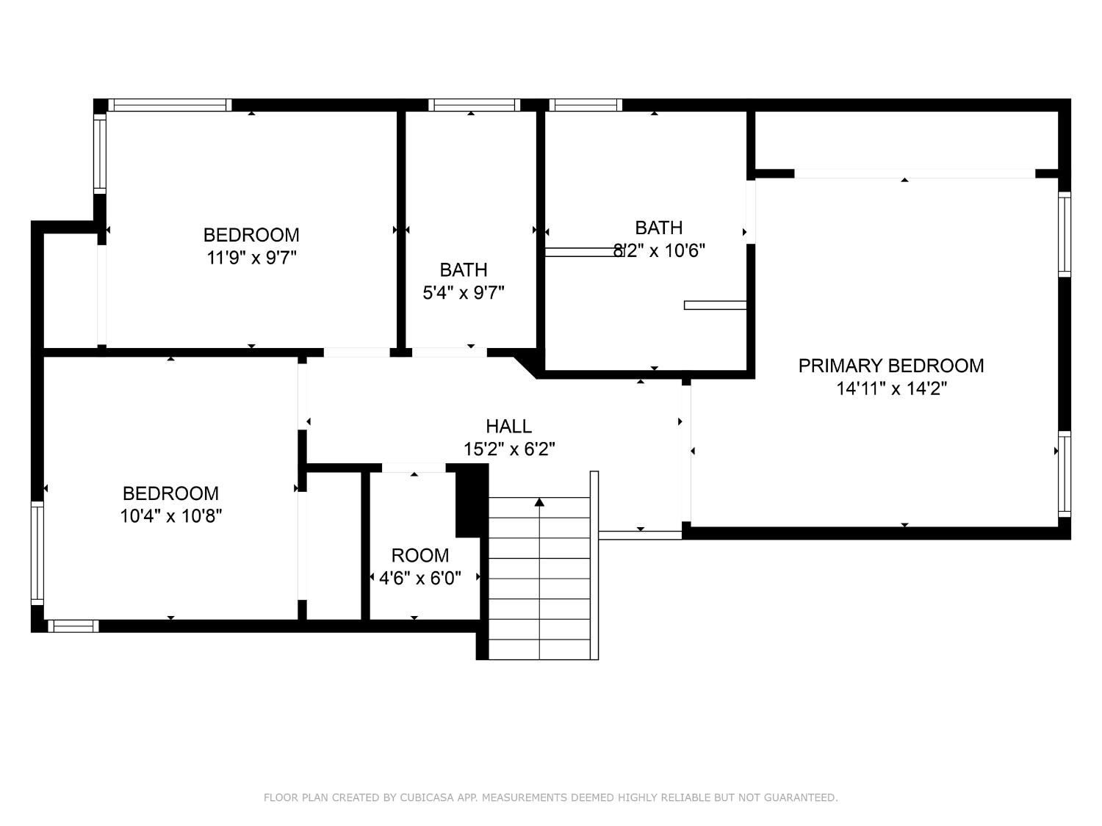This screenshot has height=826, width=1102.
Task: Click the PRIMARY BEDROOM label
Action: click(x=890, y=366)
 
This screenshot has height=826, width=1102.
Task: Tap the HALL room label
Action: click(x=508, y=427)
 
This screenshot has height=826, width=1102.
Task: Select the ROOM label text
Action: click(x=419, y=555)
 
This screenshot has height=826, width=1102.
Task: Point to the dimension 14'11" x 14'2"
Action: click(x=891, y=388)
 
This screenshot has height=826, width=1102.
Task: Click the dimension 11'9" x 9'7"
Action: click(x=251, y=257)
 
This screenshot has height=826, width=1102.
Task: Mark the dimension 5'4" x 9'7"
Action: click(x=463, y=292)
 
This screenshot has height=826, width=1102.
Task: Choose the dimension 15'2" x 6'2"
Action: click(x=509, y=449)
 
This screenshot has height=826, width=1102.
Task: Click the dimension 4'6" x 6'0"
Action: click(x=419, y=579)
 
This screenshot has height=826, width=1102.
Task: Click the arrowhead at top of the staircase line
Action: click(x=539, y=501)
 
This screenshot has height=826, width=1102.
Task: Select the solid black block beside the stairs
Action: click(x=472, y=501)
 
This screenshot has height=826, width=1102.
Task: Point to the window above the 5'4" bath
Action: click(x=474, y=105)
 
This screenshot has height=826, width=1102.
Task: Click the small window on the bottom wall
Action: click(x=73, y=626)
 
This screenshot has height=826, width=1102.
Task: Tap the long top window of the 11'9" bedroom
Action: click(x=170, y=105)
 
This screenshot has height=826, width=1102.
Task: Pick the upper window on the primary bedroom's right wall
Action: click(x=1065, y=234)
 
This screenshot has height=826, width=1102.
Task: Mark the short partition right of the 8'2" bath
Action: click(x=715, y=305)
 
